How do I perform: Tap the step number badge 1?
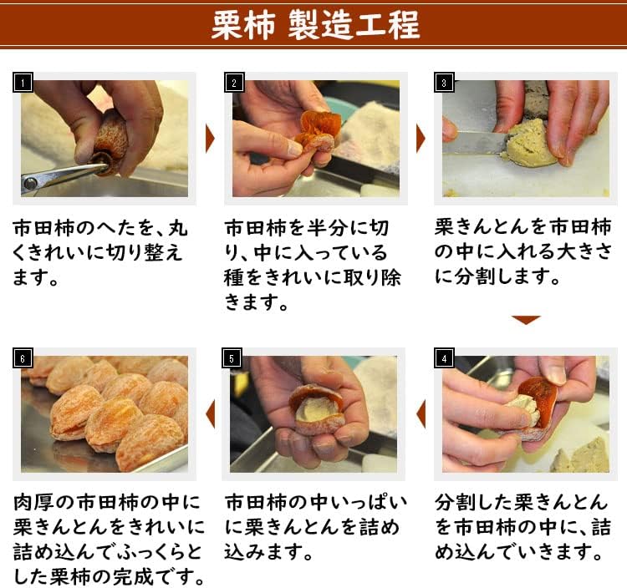coord(23,82)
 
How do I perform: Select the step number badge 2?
coord(234,82)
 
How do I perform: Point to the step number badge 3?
coord(445,82)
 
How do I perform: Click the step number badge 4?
coord(445,358)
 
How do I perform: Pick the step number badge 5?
coord(234,358)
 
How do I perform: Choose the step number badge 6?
coord(23,358)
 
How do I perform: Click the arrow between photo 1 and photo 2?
coord(210,139)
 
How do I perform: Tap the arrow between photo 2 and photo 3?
coord(421,139)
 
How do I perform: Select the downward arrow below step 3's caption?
coord(526,320)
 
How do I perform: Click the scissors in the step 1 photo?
coord(59,176)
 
